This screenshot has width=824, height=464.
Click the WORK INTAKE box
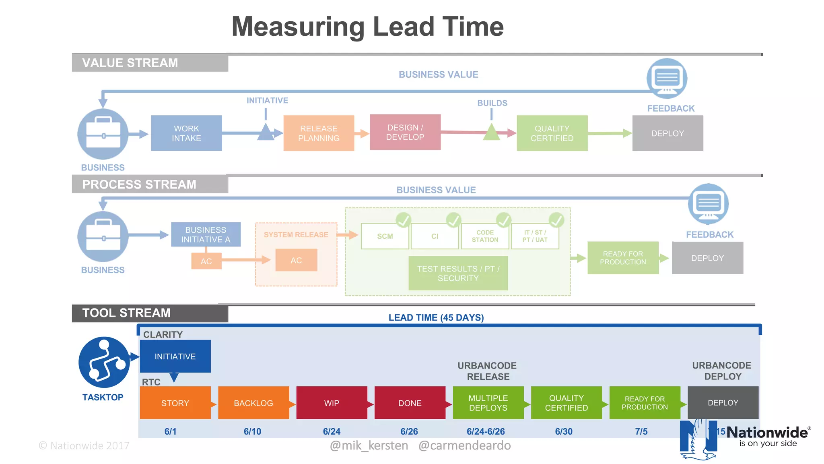tap(186, 133)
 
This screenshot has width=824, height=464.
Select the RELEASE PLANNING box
tap(319, 133)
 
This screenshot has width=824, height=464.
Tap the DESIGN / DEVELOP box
tap(405, 132)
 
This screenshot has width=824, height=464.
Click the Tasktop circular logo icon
tap(104, 362)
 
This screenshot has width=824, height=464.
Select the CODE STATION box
tap(485, 236)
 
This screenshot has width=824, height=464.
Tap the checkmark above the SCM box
tap(403, 220)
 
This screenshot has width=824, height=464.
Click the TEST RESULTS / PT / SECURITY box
tap(458, 273)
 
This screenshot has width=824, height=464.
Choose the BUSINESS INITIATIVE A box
tap(206, 234)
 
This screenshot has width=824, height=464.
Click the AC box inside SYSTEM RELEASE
tap(296, 260)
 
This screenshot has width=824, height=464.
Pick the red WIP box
tap(332, 403)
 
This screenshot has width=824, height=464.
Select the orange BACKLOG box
tap(253, 403)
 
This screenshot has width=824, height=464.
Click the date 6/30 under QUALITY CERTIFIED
tap(564, 431)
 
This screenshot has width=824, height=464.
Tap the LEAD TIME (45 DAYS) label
tap(436, 317)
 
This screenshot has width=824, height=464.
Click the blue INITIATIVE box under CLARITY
tap(175, 356)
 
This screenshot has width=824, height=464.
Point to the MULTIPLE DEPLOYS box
tap(488, 403)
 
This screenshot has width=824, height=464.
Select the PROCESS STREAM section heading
tap(139, 184)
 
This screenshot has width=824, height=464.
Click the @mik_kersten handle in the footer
tap(369, 445)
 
